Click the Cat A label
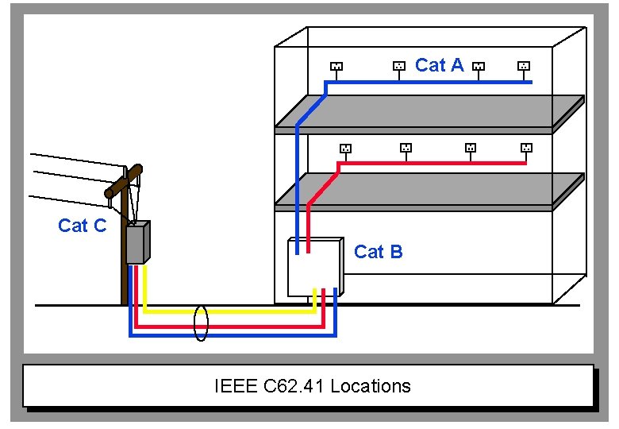tap(439, 65)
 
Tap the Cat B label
tap(378, 252)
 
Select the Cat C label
tap(82, 226)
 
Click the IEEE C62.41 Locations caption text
tap(312, 387)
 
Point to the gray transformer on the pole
tap(138, 243)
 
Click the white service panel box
tap(313, 266)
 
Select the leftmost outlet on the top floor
tap(336, 67)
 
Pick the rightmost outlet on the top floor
tap(523, 67)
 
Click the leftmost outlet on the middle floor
tap(344, 148)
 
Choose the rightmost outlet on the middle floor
tap(525, 148)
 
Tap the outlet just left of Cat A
tap(399, 67)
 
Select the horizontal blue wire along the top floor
tap(429, 82)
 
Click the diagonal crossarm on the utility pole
tap(124, 182)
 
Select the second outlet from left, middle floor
tap(406, 148)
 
